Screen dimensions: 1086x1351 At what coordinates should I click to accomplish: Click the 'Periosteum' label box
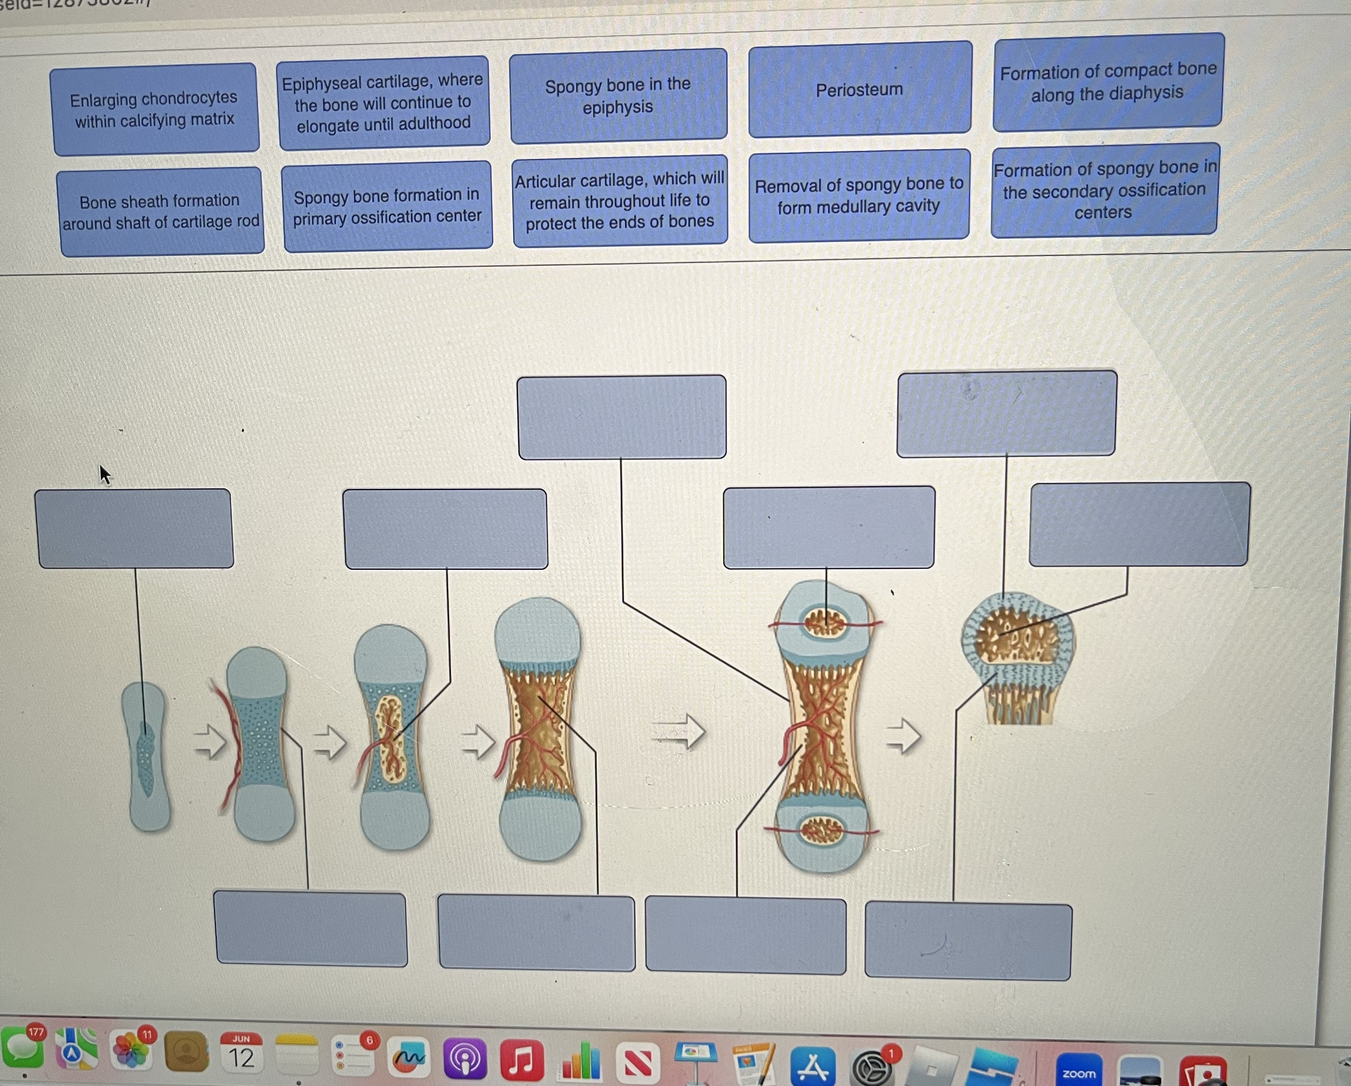coord(860,89)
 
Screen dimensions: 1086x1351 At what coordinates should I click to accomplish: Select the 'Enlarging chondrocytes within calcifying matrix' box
coord(155,109)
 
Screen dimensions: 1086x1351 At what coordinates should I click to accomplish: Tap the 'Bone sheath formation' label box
coord(160,212)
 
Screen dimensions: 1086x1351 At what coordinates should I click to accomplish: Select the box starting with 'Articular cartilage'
coord(620,200)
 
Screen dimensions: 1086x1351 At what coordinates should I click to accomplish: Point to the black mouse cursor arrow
coord(105,474)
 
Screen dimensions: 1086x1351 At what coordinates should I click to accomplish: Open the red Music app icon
coord(521,1060)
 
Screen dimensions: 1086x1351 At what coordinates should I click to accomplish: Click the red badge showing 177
coord(36,1031)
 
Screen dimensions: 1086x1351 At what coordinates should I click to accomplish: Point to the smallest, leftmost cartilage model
coord(147,756)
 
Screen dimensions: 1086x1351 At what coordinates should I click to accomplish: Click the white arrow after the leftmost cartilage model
coord(210,742)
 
